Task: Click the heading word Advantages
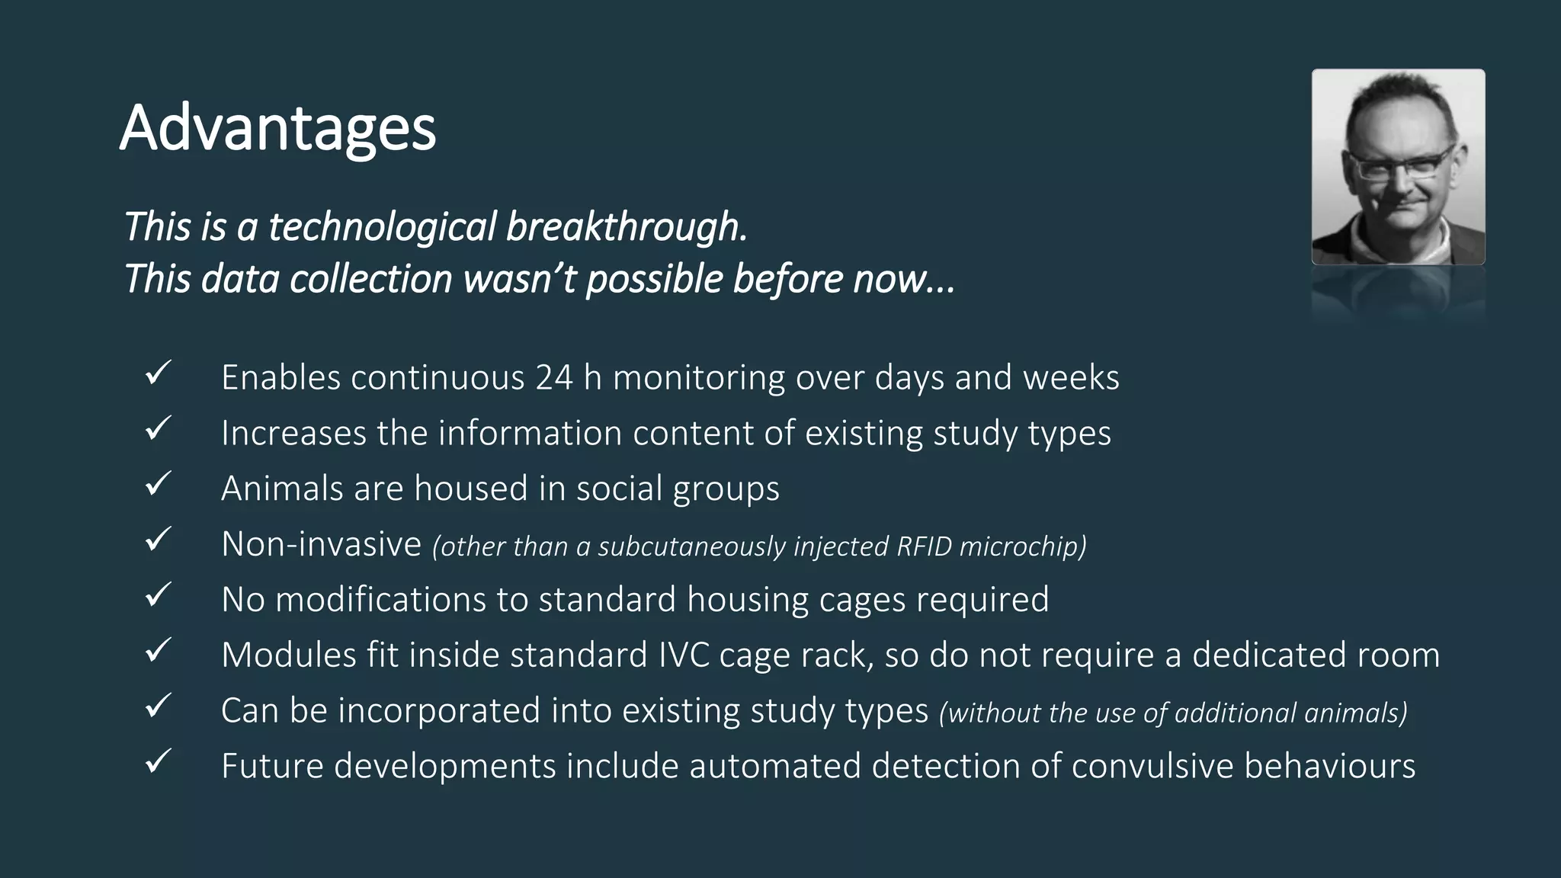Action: coord(277,128)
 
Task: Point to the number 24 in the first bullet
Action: coord(553,377)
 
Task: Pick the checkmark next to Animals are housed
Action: coord(158,485)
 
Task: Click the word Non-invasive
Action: coord(321,544)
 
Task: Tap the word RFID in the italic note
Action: coord(924,546)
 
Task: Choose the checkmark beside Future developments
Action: coord(158,762)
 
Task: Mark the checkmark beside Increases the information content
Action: coord(158,429)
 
